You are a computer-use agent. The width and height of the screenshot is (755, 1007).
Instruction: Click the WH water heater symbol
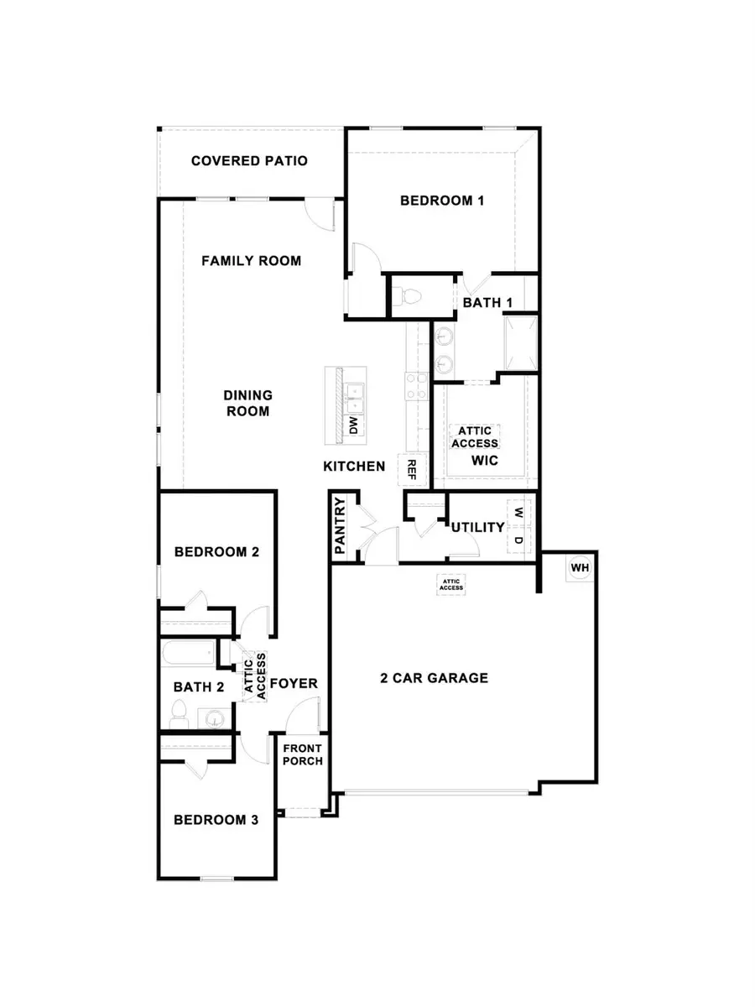pyautogui.click(x=580, y=569)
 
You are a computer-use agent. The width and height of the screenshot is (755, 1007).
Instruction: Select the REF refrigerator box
pyautogui.click(x=412, y=470)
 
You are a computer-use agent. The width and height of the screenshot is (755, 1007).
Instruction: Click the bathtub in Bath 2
pyautogui.click(x=189, y=654)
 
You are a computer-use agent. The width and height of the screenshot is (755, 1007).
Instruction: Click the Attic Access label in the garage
pyautogui.click(x=450, y=584)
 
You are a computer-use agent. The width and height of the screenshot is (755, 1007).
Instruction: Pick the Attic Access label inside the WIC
pyautogui.click(x=475, y=437)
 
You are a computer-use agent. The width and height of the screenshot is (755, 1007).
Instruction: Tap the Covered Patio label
pyautogui.click(x=249, y=160)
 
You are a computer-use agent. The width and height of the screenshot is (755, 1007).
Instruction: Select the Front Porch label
pyautogui.click(x=302, y=755)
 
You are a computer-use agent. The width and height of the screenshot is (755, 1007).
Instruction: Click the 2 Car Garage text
pyautogui.click(x=433, y=677)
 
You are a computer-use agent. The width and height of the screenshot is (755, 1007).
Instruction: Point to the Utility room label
pyautogui.click(x=477, y=527)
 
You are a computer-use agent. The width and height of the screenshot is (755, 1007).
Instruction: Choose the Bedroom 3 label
pyautogui.click(x=216, y=820)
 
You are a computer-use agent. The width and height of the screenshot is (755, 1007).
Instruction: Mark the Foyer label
pyautogui.click(x=294, y=683)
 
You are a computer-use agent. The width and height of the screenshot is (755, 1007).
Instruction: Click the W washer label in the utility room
pyautogui.click(x=518, y=513)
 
